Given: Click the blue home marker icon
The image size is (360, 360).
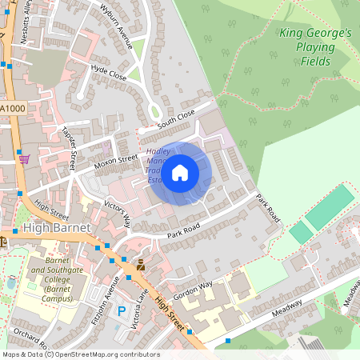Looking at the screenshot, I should [x=180, y=171].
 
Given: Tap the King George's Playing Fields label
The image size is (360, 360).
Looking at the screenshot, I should [x=315, y=47].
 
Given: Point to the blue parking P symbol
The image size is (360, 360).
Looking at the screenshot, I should [x=122, y=310].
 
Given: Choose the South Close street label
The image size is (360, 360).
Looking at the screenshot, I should [x=176, y=120].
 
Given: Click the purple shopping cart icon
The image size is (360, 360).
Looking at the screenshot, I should [x=24, y=158].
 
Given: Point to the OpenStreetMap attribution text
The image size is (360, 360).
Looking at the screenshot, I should [x=80, y=354].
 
